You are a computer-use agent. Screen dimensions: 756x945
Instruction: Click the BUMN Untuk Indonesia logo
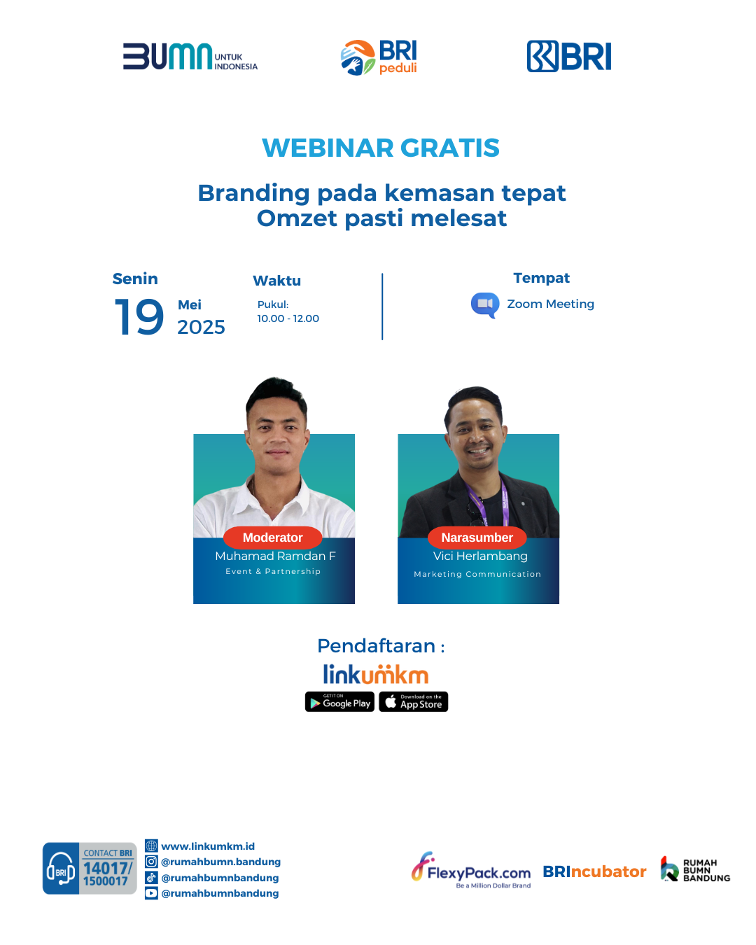pyautogui.click(x=190, y=56)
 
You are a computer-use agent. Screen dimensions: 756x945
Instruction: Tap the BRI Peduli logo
pyautogui.click(x=379, y=57)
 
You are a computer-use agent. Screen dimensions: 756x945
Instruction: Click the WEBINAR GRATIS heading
pyautogui.click(x=381, y=148)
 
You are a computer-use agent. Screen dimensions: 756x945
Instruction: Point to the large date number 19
pyautogui.click(x=139, y=316)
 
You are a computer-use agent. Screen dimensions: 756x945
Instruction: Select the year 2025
pyautogui.click(x=201, y=327)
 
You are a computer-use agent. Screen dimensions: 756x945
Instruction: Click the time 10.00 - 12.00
pyautogui.click(x=288, y=318)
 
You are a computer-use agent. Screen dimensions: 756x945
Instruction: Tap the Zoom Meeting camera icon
pyautogui.click(x=485, y=304)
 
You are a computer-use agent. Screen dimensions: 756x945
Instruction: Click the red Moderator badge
pyautogui.click(x=273, y=538)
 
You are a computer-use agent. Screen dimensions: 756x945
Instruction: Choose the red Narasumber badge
pyautogui.click(x=477, y=538)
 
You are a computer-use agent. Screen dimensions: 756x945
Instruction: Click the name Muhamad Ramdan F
pyautogui.click(x=275, y=556)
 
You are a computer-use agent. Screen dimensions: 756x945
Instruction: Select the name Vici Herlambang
pyautogui.click(x=480, y=556)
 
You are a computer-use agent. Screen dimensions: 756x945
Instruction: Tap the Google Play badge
pyautogui.click(x=339, y=701)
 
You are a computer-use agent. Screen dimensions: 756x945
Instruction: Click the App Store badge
pyautogui.click(x=414, y=701)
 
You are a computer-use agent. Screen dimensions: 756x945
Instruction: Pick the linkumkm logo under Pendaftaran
pyautogui.click(x=376, y=674)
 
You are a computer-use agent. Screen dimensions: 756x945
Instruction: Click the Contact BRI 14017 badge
pyautogui.click(x=90, y=868)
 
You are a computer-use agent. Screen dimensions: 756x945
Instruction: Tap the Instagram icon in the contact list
pyautogui.click(x=151, y=862)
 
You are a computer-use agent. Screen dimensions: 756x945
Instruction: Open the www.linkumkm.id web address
pyautogui.click(x=208, y=846)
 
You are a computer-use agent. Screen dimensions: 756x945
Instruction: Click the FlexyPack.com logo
pyautogui.click(x=471, y=870)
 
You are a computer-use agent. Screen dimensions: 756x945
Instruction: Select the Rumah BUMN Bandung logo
pyautogui.click(x=695, y=869)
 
